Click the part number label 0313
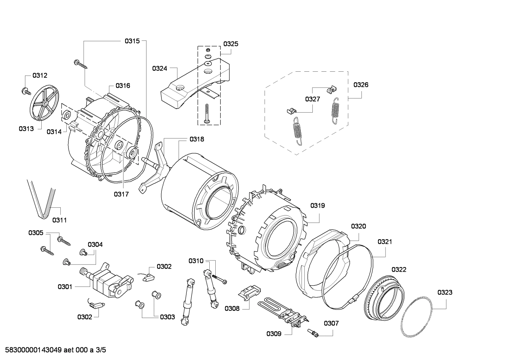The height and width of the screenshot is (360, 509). click(x=26, y=129)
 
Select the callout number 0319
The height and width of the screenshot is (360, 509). click(x=317, y=206)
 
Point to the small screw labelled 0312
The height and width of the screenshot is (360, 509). click(x=25, y=91)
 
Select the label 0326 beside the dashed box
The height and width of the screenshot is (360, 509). click(x=361, y=85)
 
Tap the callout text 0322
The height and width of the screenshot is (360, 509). click(x=399, y=270)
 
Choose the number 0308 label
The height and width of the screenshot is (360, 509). click(x=232, y=308)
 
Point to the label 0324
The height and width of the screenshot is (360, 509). click(x=160, y=69)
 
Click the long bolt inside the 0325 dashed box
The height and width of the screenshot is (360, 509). click(x=207, y=113)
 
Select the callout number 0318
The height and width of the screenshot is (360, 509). click(x=197, y=140)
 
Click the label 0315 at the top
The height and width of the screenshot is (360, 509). click(x=132, y=41)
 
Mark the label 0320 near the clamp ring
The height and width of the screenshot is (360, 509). click(x=358, y=226)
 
